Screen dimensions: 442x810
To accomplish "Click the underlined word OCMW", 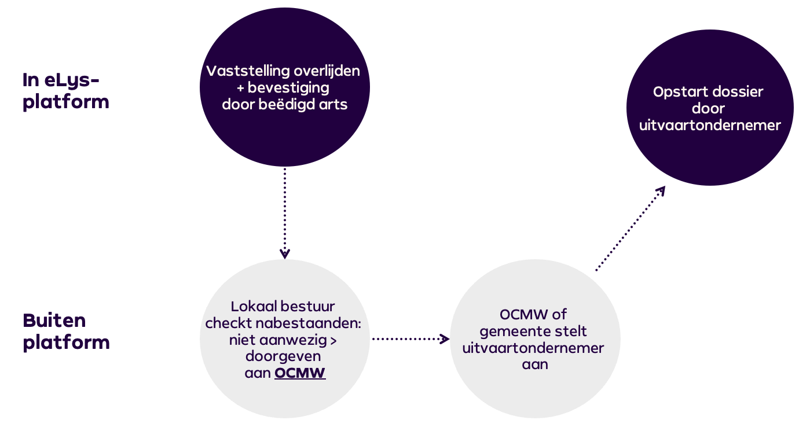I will point(300,373).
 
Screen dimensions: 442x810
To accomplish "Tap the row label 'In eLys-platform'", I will point(65,91).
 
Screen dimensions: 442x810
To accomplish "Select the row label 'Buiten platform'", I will point(66,331).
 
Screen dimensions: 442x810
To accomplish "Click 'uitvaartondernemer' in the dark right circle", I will point(710,125).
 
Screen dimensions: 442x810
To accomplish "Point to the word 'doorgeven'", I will point(283,356).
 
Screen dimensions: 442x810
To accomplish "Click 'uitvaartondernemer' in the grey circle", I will point(533,348).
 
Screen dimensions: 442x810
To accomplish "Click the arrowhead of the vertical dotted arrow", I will point(284,253).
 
